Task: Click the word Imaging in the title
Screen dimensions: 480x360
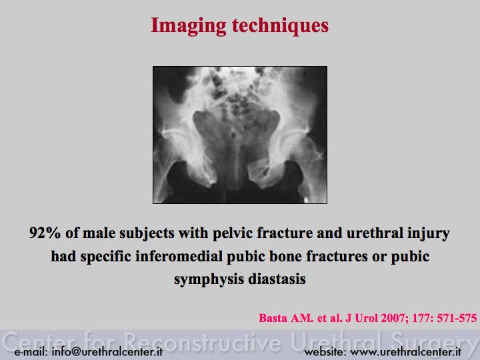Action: pos(188,26)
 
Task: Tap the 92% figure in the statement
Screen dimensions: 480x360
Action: pos(45,233)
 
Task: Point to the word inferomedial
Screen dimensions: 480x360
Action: pos(179,256)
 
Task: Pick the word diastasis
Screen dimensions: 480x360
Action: pos(277,279)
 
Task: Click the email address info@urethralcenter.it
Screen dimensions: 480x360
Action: pos(107,352)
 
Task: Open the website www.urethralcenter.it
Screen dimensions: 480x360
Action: pos(405,352)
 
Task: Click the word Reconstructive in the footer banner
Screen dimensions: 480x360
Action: pos(203,341)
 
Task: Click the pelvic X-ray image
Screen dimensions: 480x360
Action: pos(240,135)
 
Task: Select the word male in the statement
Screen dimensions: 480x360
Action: pos(99,233)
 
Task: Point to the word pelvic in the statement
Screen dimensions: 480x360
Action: pos(233,233)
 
